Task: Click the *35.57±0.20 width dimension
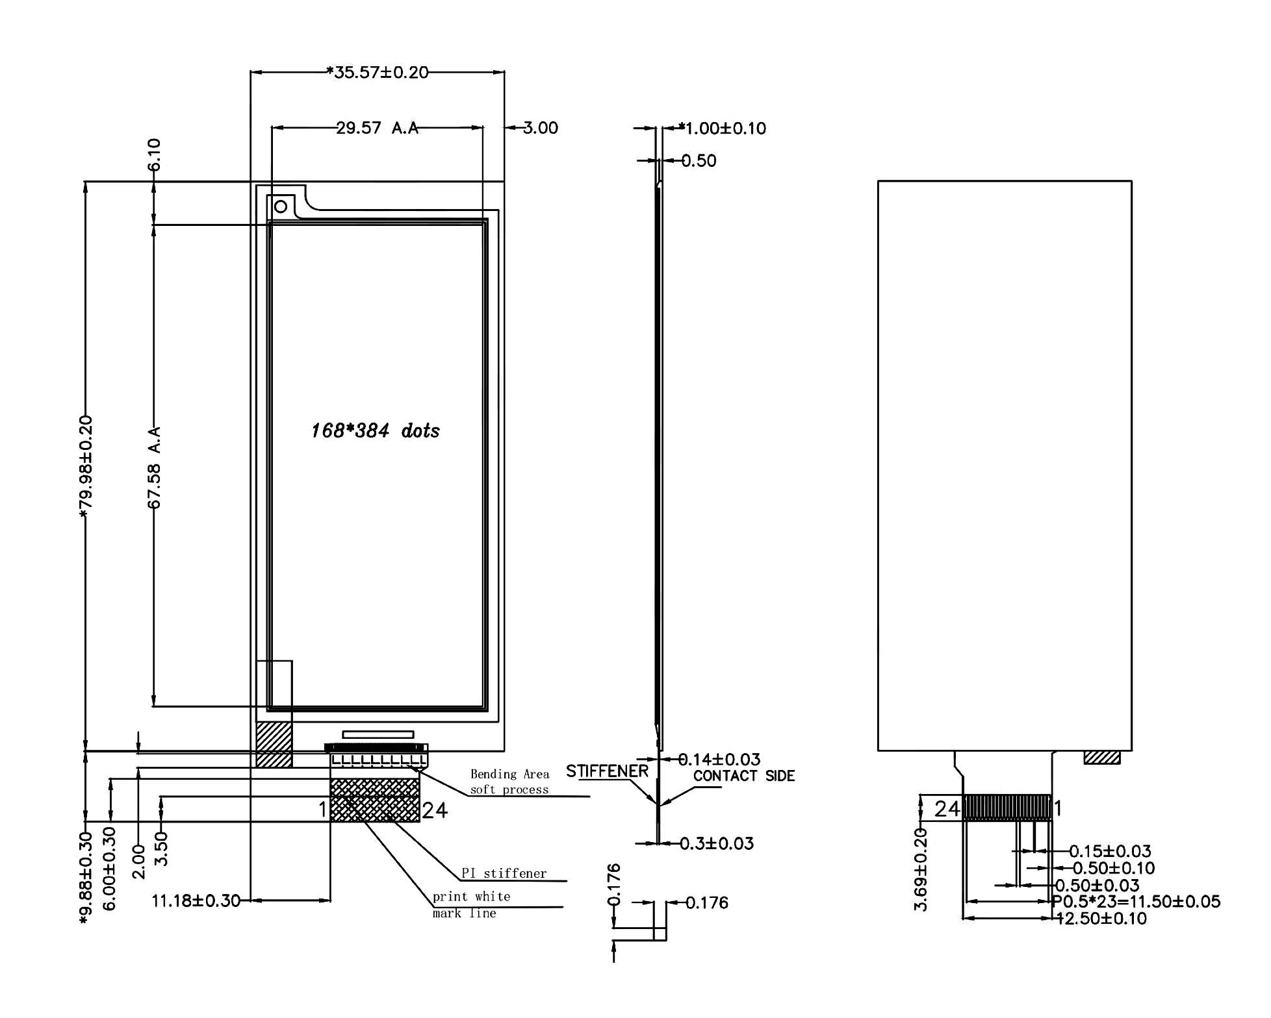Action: tap(378, 72)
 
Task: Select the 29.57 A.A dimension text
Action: tap(377, 128)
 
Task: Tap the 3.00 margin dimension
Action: tap(541, 128)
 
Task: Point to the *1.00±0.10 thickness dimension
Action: tap(722, 128)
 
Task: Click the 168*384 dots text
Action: tap(376, 430)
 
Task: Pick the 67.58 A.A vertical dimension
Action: tap(154, 467)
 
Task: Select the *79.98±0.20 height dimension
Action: tap(86, 467)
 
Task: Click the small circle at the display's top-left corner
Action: tap(281, 207)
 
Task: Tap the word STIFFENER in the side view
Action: tap(607, 771)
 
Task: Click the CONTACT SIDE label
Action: tap(744, 776)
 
